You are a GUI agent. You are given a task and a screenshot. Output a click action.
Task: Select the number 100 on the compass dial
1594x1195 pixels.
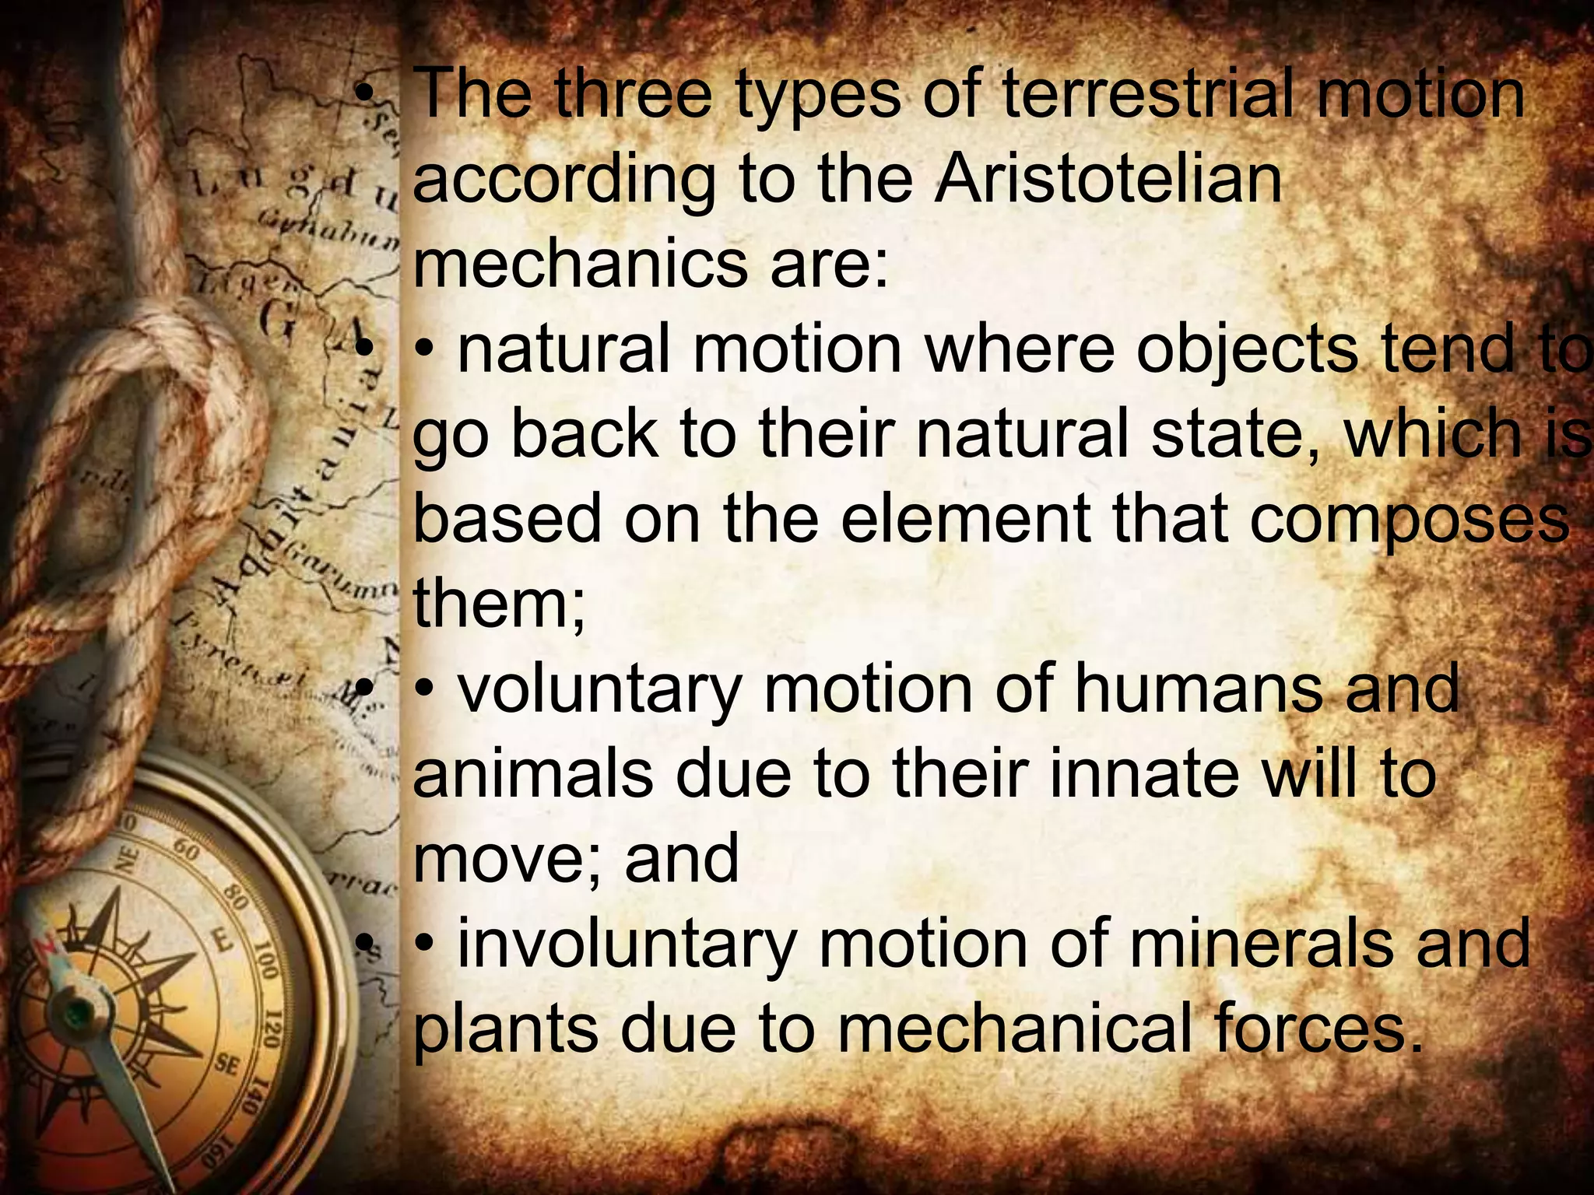[x=266, y=963]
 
